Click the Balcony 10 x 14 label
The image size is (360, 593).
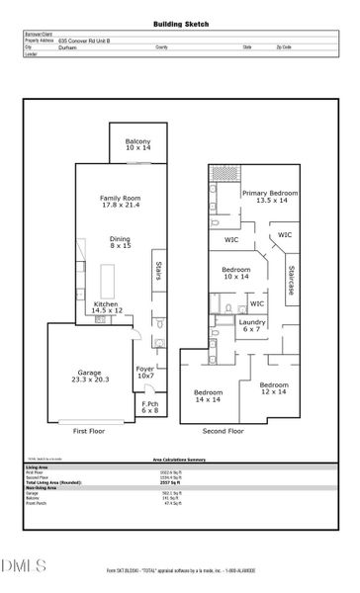tap(137, 146)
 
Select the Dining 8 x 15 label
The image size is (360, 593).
tap(121, 242)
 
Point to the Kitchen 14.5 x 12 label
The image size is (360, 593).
tap(108, 307)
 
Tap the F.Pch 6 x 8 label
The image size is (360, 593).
tap(150, 408)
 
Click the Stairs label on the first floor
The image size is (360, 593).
tap(157, 271)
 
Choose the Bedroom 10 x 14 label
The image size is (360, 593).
tap(235, 273)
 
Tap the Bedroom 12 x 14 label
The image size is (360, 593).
tap(273, 388)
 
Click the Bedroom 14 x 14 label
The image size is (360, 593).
tap(208, 394)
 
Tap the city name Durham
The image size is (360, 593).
tap(68, 46)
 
